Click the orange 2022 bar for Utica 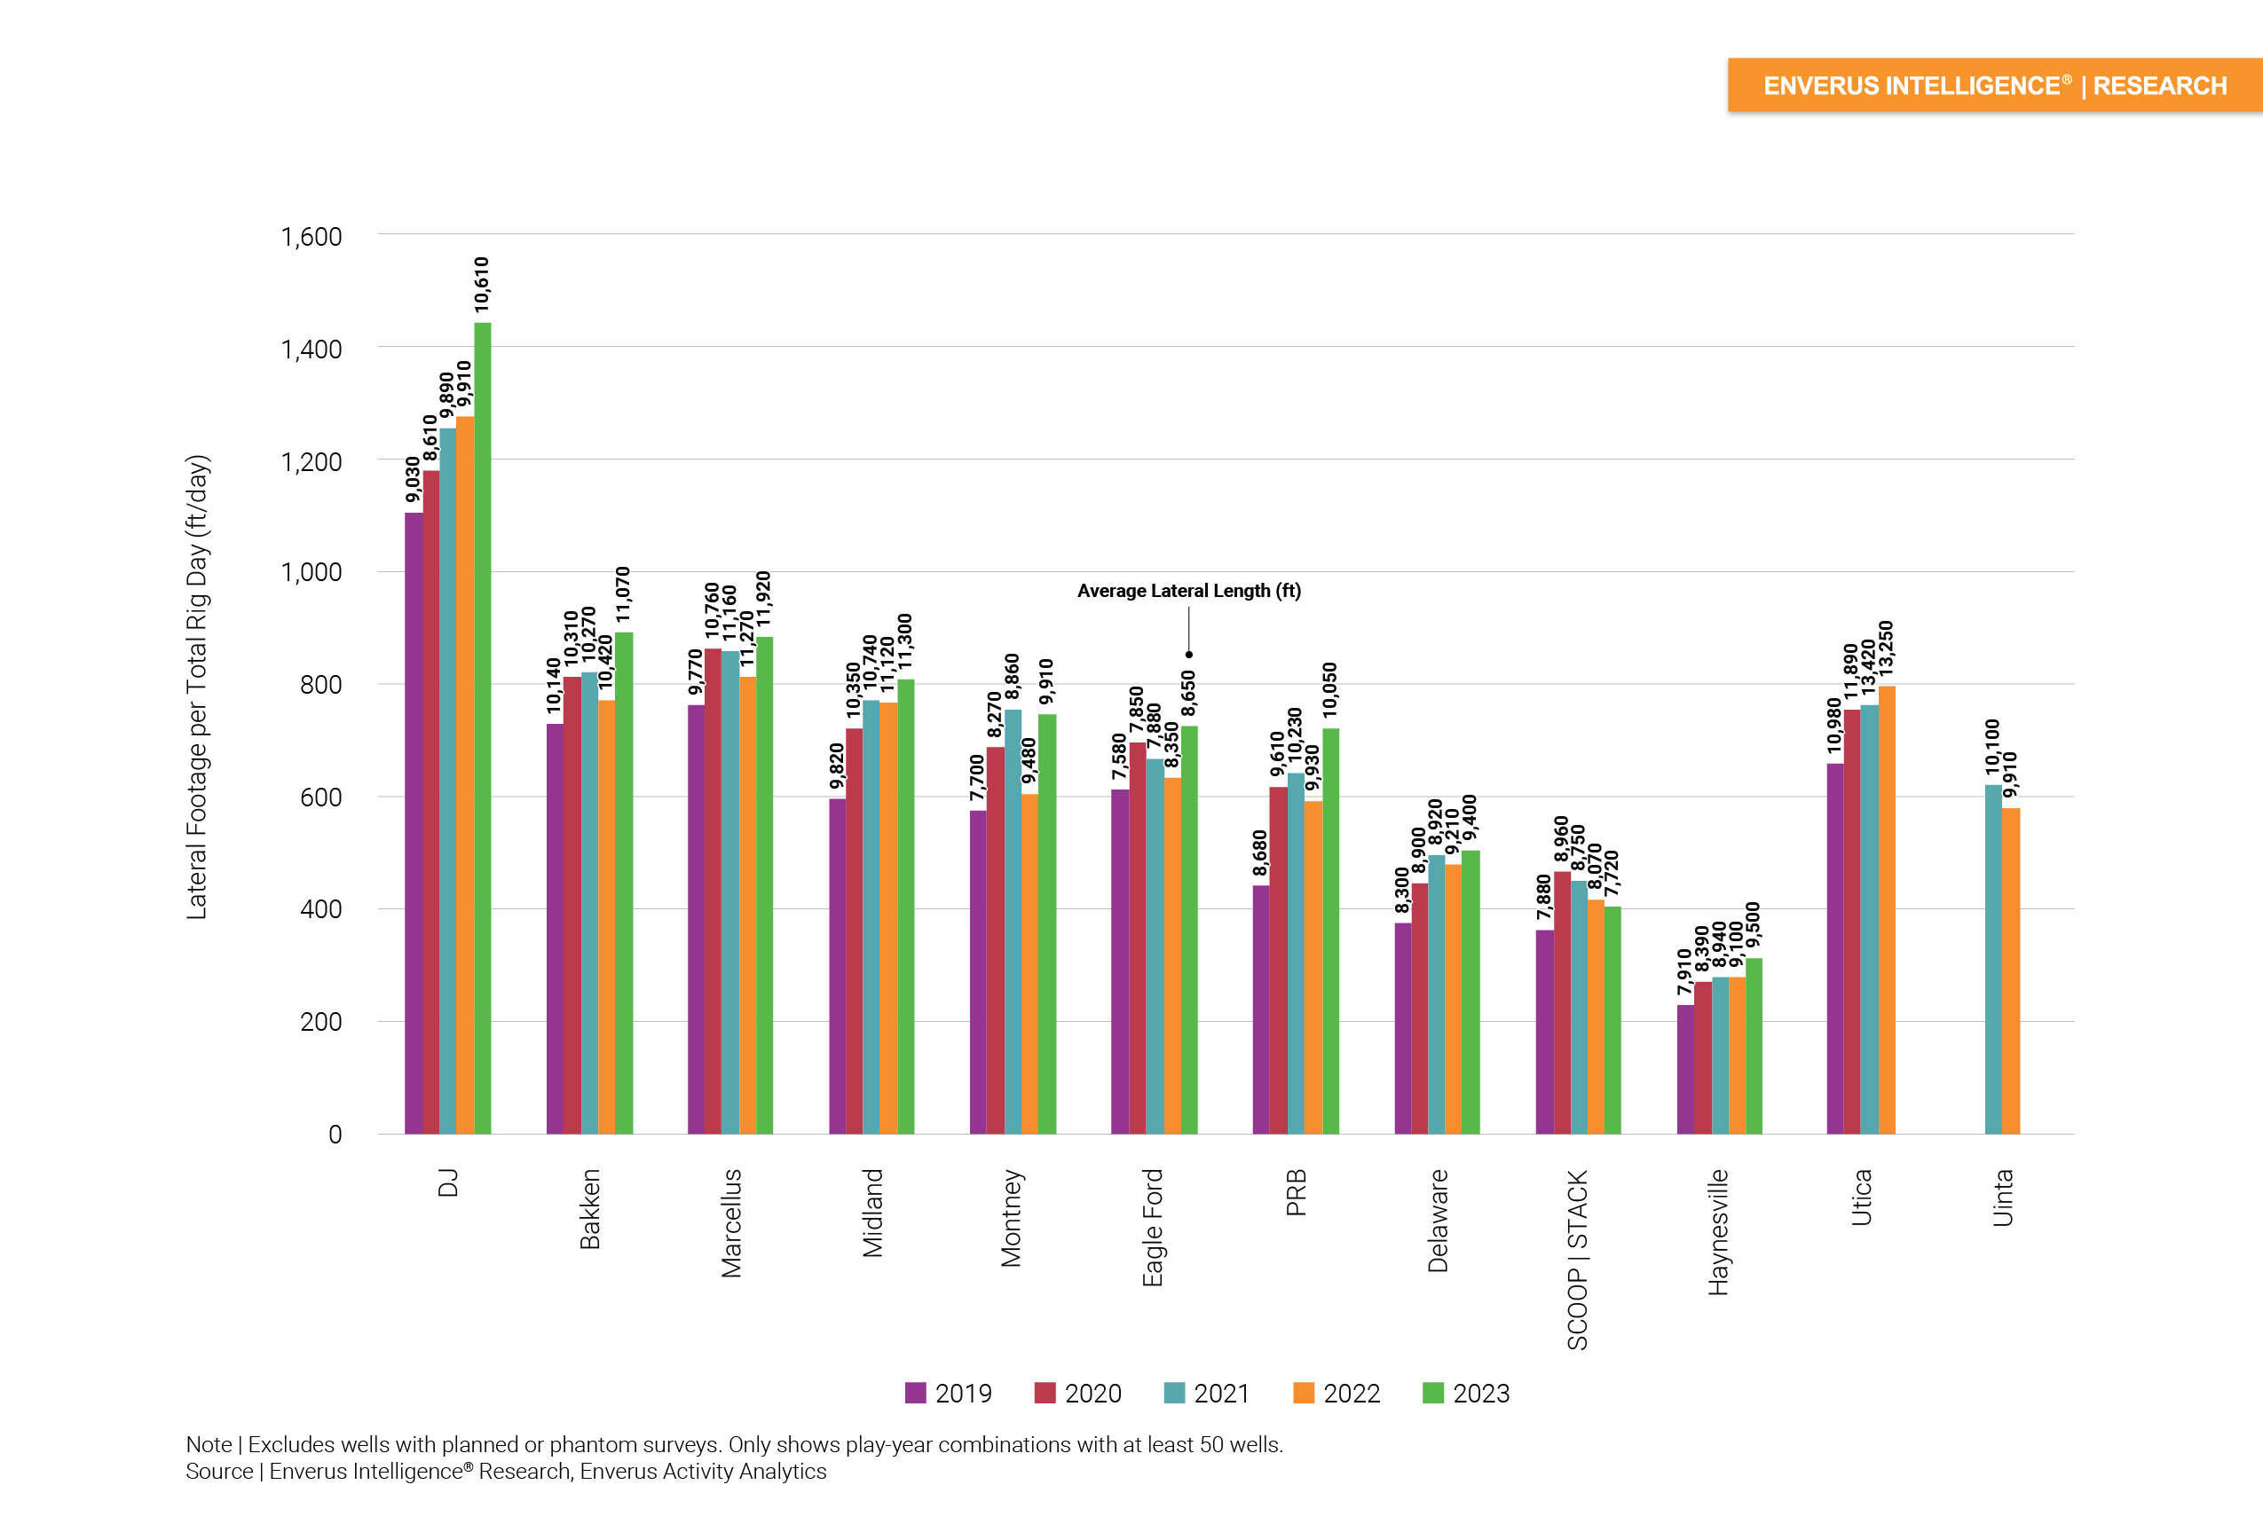click(x=1886, y=909)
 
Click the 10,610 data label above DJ click(x=482, y=285)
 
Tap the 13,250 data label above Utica click(x=1886, y=648)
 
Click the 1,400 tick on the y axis click(x=311, y=349)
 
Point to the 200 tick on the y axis click(x=320, y=1022)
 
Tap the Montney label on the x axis click(x=1012, y=1218)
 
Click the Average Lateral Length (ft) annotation click(x=1188, y=591)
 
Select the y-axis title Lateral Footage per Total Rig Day click(x=198, y=687)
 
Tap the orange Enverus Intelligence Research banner click(x=1994, y=86)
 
